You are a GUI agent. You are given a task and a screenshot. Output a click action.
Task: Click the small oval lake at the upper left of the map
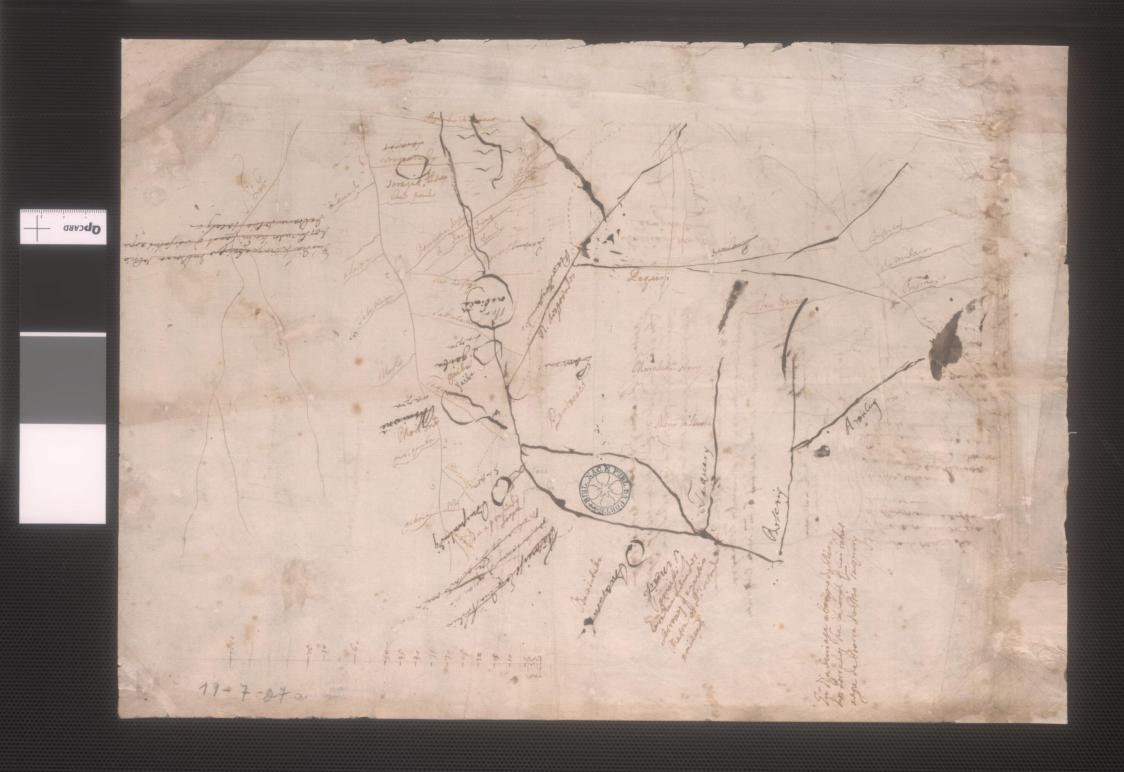(x=412, y=169)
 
